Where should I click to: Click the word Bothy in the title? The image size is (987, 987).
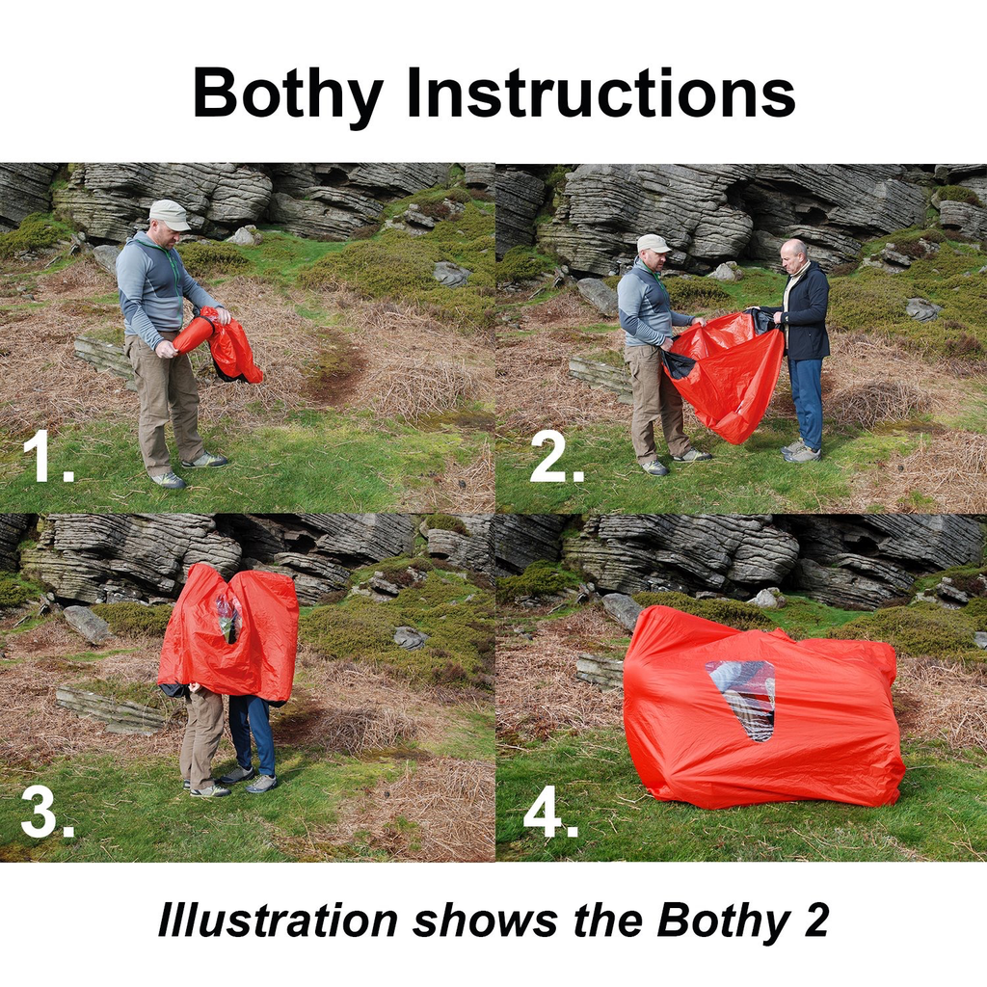(x=288, y=93)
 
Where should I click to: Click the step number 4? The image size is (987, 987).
(x=550, y=814)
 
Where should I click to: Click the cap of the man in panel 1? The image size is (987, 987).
(x=170, y=213)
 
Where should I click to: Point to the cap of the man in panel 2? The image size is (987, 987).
(x=653, y=242)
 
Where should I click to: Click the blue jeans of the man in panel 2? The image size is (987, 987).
(x=806, y=400)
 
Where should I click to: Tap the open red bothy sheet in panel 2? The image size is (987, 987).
(x=728, y=376)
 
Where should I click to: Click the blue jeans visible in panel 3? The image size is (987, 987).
(x=255, y=733)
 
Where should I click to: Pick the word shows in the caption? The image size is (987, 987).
(x=484, y=921)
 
